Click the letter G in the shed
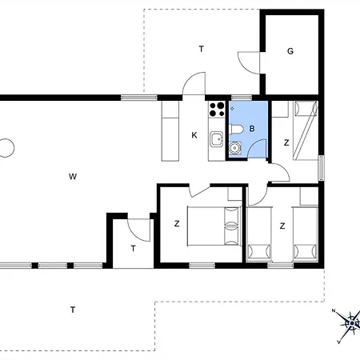pos(290,51)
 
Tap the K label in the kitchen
pos(194,135)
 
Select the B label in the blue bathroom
pos(252,129)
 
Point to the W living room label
pos(73,176)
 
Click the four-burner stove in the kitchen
pos(217,110)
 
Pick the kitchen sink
pos(216,138)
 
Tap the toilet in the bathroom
pos(236,130)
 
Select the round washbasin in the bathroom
pos(235,147)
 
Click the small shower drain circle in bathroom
pos(232,109)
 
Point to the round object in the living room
pos(6,148)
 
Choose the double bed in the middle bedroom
pos(214,226)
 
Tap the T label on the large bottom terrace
pos(73,310)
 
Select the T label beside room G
pos(202,49)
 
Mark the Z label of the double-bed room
pos(177,224)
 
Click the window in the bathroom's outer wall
pos(241,98)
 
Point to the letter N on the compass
pos(334,310)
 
